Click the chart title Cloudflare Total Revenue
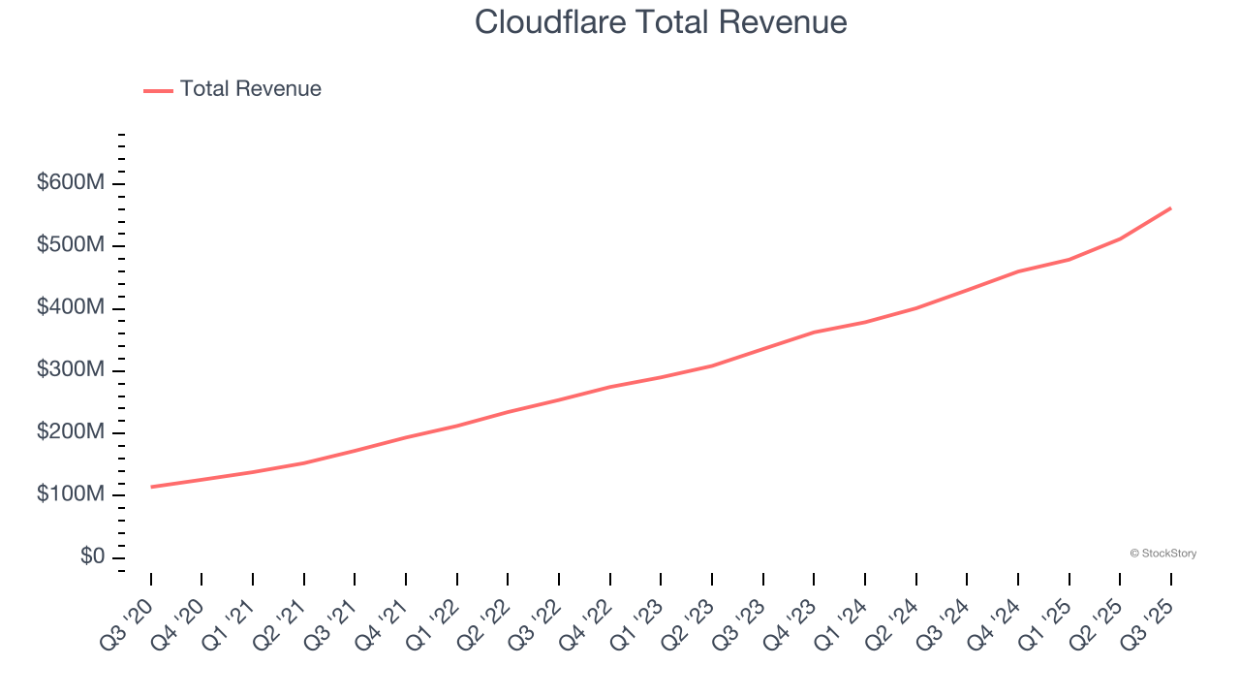coord(661,22)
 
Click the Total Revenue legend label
coord(250,89)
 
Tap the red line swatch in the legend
coord(158,90)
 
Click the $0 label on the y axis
coord(93,556)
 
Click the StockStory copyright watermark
coord(1162,554)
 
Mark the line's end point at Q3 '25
coord(1170,207)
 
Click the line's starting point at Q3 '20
coord(151,487)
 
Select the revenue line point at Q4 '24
coord(1018,271)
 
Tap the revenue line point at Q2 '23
coord(712,365)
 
